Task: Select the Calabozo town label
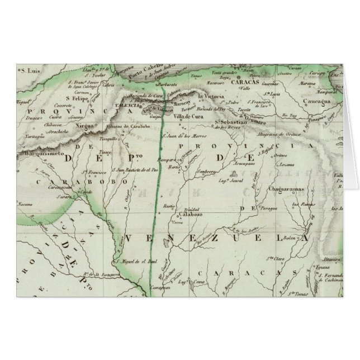188,214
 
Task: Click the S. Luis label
31,71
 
